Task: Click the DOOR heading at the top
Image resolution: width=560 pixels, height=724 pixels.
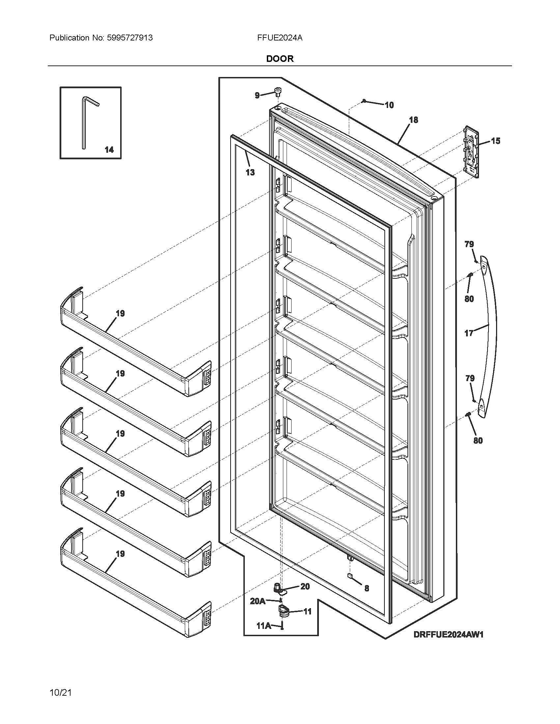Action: click(280, 59)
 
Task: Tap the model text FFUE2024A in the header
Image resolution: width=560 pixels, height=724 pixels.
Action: click(279, 38)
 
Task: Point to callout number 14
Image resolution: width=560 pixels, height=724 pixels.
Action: click(109, 150)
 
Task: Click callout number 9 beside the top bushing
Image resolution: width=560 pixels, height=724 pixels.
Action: click(257, 95)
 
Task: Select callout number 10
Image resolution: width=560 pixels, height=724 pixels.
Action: click(389, 105)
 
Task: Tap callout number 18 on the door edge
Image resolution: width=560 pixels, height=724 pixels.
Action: click(413, 120)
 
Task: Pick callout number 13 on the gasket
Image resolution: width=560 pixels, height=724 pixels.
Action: click(250, 172)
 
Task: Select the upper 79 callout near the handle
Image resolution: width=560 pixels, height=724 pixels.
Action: click(469, 244)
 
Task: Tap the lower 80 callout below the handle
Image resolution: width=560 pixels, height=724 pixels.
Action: click(478, 441)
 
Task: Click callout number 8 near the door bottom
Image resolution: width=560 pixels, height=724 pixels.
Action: click(367, 588)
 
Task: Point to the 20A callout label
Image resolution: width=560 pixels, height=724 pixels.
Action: click(258, 601)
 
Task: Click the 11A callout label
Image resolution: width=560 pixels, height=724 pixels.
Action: click(264, 626)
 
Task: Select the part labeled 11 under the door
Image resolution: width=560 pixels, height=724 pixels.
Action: click(283, 610)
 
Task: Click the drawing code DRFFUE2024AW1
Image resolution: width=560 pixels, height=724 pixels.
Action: click(448, 634)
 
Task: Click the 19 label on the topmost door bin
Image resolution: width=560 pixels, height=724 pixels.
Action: click(120, 313)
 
